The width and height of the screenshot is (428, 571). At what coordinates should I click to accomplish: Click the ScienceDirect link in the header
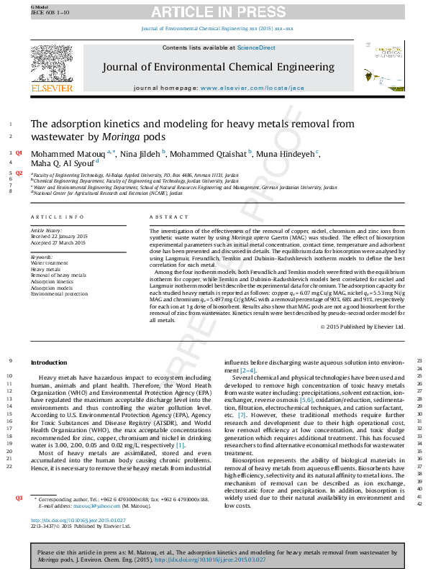tap(257, 47)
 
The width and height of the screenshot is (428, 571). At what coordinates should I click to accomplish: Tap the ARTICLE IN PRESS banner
tap(214, 11)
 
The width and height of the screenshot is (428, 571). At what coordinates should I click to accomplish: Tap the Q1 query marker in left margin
tap(19, 153)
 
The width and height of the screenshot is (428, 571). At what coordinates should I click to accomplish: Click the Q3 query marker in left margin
tap(19, 498)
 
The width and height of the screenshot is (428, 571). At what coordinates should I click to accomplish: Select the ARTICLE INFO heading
tap(57, 216)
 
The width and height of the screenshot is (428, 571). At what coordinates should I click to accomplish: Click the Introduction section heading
tap(48, 362)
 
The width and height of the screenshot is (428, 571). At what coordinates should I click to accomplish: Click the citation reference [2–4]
tap(238, 370)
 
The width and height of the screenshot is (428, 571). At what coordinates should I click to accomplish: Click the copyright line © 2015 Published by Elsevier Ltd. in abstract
tap(363, 327)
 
